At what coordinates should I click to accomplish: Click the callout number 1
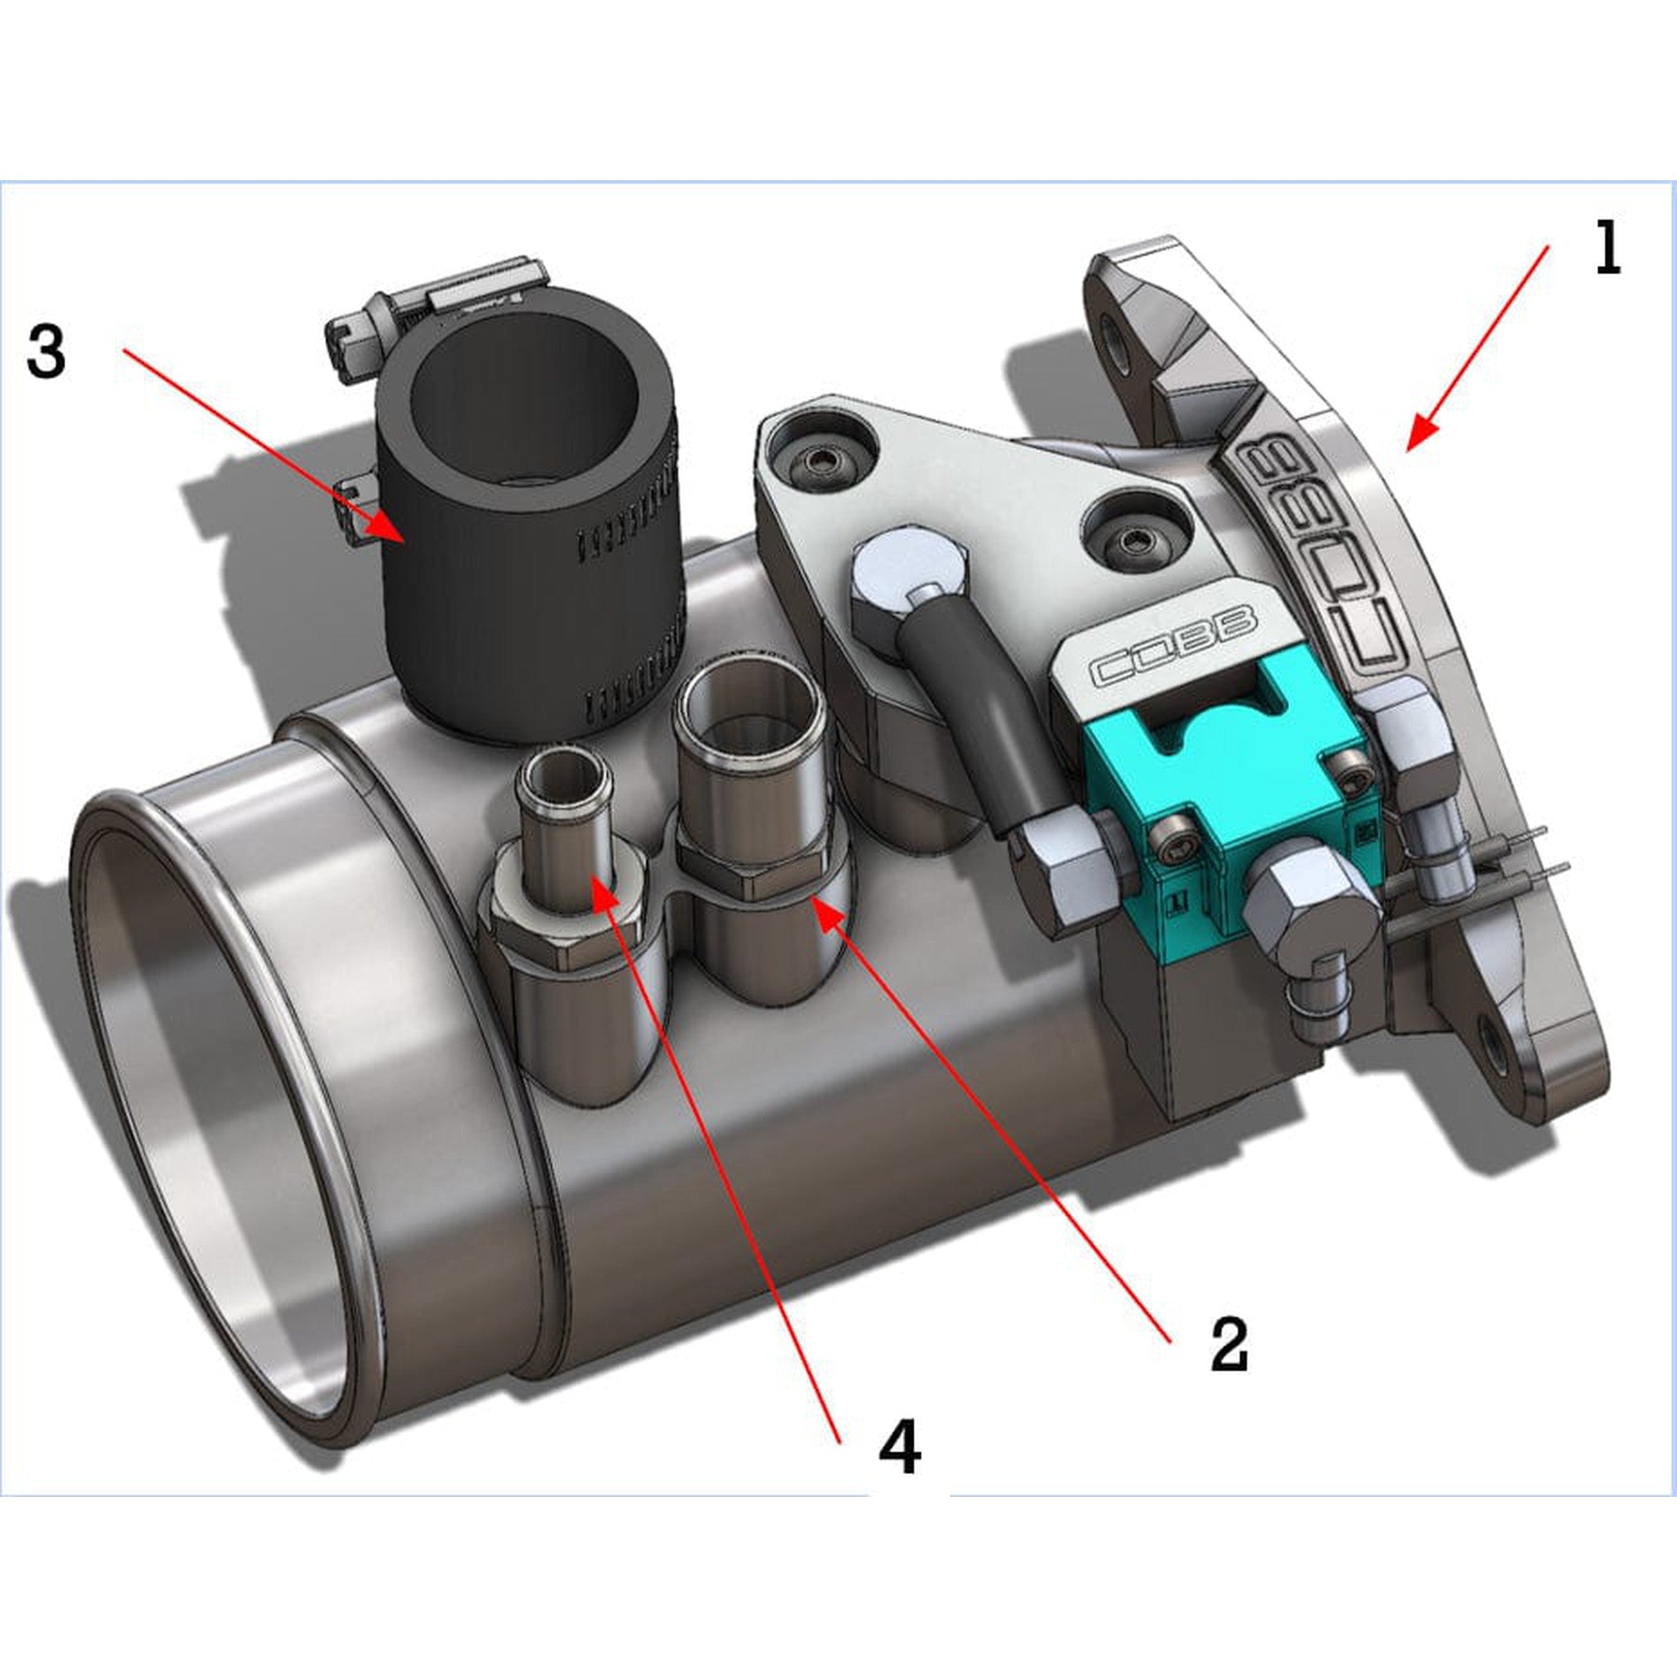tap(1607, 249)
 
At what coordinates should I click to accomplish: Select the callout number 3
tap(46, 350)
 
